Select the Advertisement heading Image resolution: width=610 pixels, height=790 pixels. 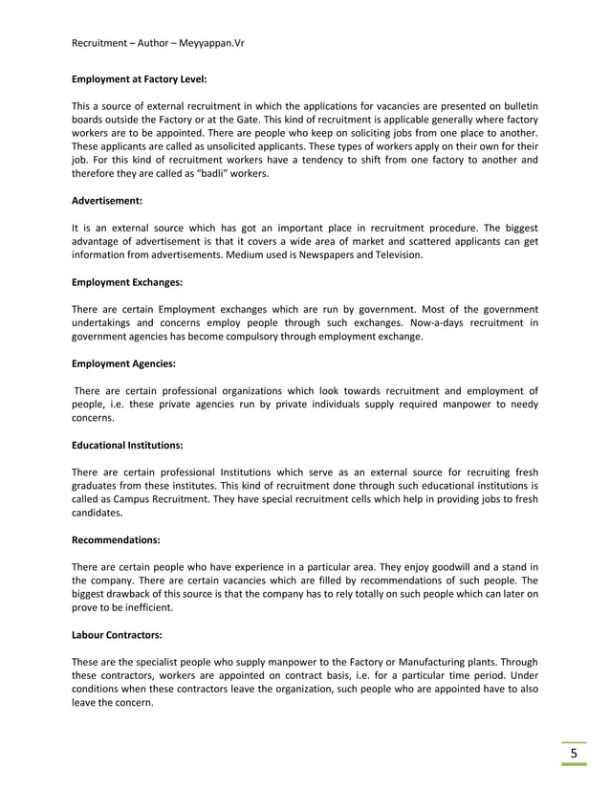[107, 202]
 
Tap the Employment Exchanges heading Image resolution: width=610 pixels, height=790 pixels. [127, 283]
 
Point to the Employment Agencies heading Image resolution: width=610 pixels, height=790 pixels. [123, 364]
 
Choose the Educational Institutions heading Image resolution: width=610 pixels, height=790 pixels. [127, 445]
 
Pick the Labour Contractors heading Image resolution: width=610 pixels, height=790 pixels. [118, 634]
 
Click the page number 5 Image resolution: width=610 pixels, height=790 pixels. [574, 754]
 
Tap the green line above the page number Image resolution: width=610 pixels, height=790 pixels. [574, 740]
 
